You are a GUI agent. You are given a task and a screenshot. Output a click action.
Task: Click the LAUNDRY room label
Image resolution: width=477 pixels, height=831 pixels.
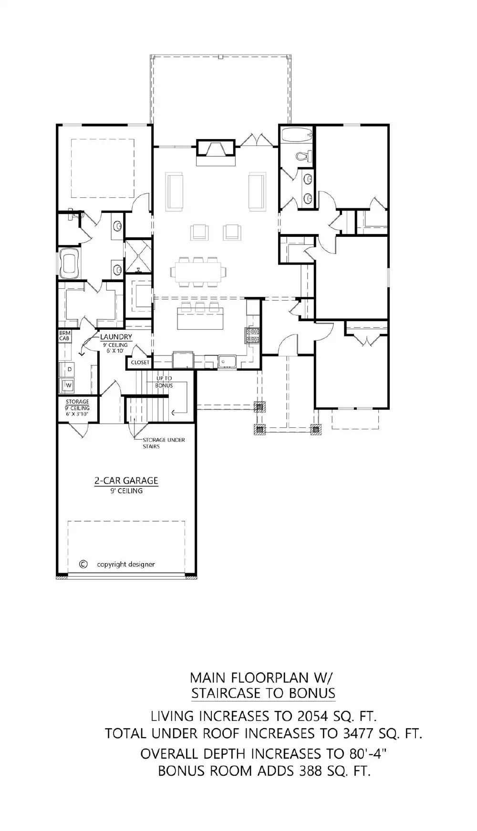point(116,337)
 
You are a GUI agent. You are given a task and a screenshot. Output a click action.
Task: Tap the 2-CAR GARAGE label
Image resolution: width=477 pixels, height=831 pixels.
point(126,481)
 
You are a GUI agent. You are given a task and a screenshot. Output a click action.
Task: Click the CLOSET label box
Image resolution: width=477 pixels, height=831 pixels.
point(140,363)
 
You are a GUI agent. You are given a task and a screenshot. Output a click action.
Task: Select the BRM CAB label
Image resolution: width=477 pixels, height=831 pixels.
point(64,335)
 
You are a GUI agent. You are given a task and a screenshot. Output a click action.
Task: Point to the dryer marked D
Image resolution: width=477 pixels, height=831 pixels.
point(69,369)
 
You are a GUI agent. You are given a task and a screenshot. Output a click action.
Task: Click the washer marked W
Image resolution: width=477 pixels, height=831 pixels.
point(68,385)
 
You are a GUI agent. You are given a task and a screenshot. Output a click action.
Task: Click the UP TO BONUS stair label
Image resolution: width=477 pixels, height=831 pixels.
point(164,382)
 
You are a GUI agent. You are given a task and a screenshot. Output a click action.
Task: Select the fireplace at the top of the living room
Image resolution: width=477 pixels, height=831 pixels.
point(216,149)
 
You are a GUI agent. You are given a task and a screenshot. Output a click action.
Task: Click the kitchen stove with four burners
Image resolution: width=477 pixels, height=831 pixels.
point(252,335)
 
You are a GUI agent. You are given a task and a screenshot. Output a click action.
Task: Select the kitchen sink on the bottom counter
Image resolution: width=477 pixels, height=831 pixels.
point(228,362)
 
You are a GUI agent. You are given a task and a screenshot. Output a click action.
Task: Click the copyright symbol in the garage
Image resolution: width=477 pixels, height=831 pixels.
point(83,564)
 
